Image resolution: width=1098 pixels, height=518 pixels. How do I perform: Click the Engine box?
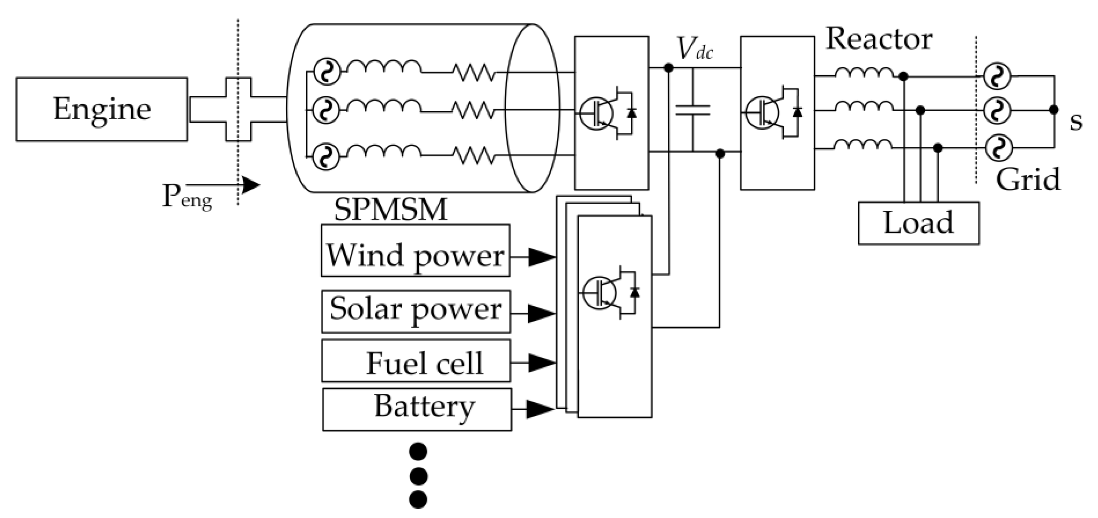tap(101, 109)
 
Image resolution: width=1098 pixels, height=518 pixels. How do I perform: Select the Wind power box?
tap(415, 251)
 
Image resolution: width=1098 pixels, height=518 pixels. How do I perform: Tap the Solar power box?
tap(415, 311)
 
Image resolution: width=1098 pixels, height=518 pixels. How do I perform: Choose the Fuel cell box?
tap(416, 361)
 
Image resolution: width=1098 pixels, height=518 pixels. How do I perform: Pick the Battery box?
tap(416, 409)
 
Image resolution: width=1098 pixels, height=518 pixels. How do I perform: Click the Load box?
tap(918, 223)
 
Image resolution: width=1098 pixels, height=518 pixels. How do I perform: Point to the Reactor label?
tap(879, 39)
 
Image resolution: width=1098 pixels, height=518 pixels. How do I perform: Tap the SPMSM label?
tap(391, 209)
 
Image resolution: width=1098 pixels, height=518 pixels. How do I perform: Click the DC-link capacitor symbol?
tap(693, 110)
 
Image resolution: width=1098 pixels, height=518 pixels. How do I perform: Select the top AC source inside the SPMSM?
tap(327, 72)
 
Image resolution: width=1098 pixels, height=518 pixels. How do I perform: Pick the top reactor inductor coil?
tap(864, 73)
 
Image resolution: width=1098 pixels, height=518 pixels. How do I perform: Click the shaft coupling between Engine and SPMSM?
tap(238, 109)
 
